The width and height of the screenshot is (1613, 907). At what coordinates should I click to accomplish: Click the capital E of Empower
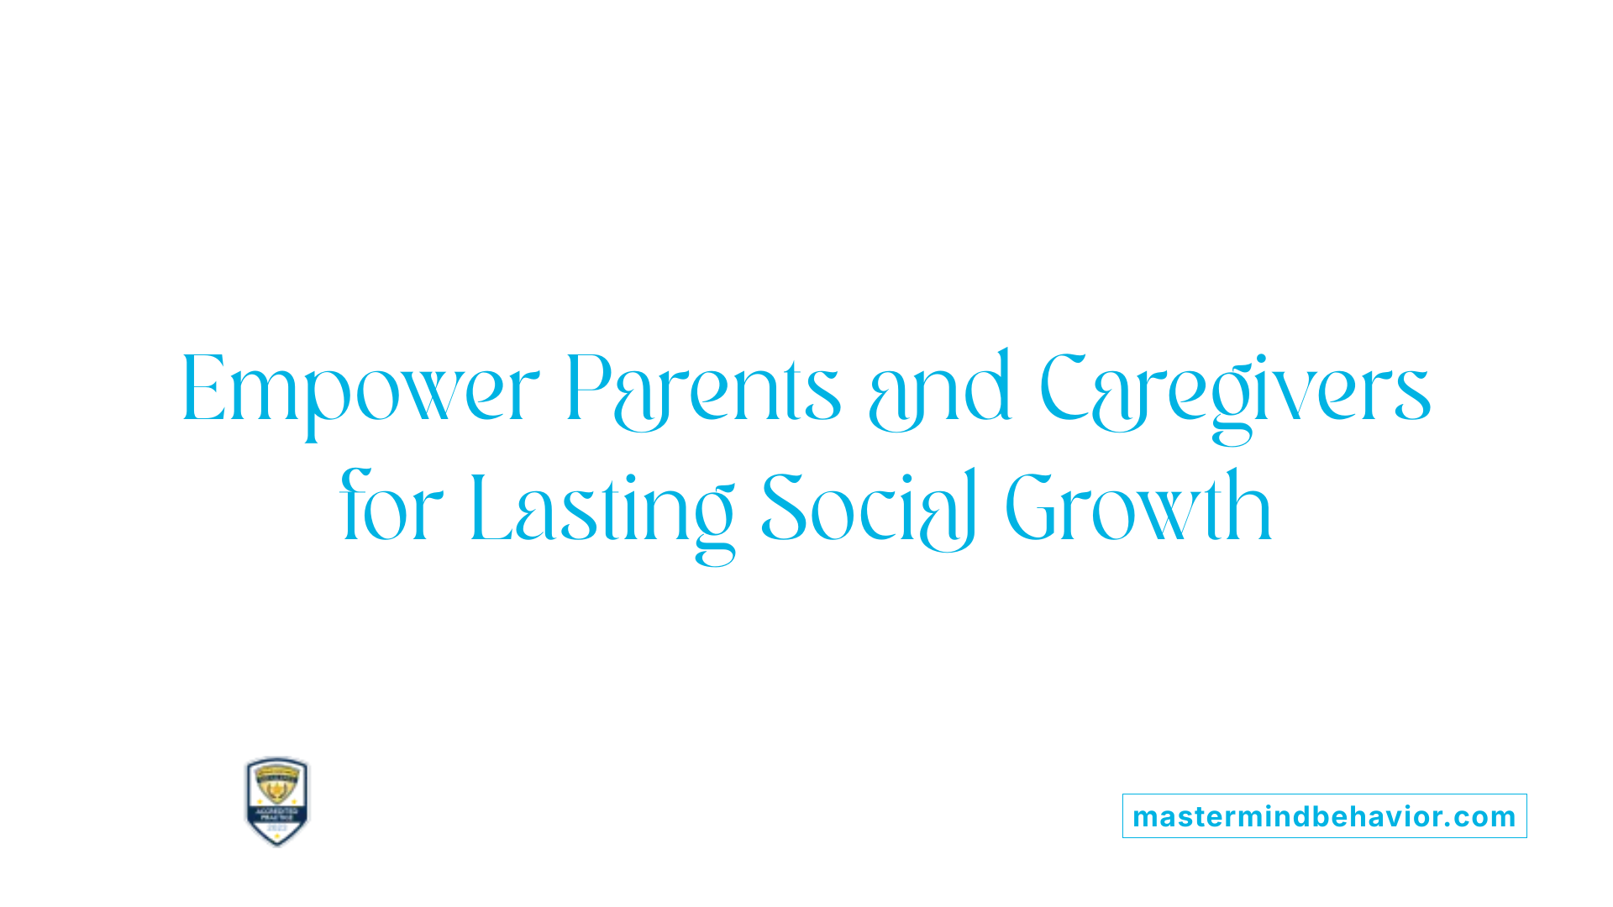[204, 388]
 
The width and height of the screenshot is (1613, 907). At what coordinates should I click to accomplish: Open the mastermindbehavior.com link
[1324, 816]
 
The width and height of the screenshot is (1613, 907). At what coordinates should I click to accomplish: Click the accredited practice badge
[277, 801]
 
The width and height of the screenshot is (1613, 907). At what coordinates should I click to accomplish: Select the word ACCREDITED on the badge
[277, 811]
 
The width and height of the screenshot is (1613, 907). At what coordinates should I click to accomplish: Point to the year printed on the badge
[277, 828]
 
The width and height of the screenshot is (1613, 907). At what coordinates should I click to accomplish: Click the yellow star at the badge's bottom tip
[277, 839]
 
